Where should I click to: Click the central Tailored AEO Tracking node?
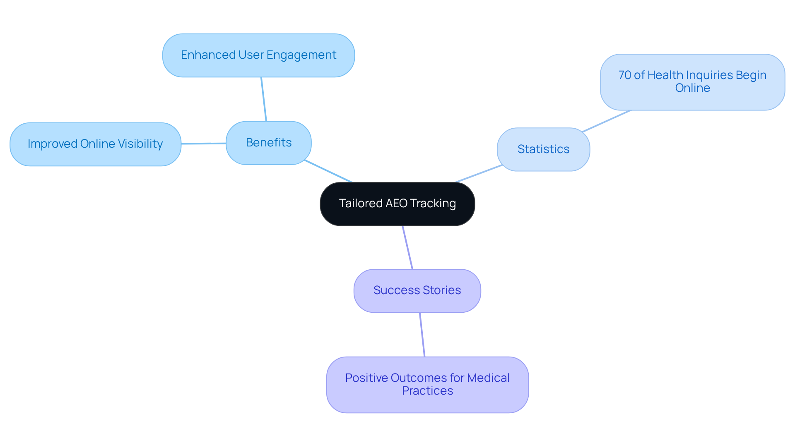[397, 204]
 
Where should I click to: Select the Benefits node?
[268, 143]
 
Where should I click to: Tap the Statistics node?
[543, 149]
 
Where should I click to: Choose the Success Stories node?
[417, 290]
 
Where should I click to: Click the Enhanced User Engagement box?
[258, 55]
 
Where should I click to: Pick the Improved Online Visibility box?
[95, 144]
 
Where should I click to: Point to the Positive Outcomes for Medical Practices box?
[427, 384]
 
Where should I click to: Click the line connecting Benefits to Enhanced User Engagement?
[264, 99]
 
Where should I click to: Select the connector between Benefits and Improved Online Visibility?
[204, 144]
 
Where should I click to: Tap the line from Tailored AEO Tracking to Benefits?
[328, 171]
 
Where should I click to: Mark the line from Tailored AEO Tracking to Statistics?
[479, 174]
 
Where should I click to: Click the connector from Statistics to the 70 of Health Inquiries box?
[606, 121]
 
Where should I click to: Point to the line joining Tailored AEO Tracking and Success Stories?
[407, 247]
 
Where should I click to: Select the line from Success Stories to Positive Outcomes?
[422, 334]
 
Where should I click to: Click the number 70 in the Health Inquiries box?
[625, 75]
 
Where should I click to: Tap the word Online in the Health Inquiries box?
[692, 88]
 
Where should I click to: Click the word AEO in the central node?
[396, 204]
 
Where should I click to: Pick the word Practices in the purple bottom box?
[427, 391]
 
